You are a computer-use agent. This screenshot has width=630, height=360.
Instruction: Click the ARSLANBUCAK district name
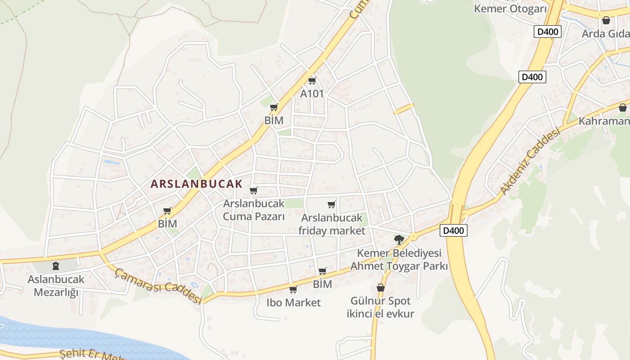tap(196, 184)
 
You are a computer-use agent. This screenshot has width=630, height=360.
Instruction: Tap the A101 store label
tap(312, 94)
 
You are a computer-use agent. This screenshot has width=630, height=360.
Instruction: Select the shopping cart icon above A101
tap(312, 81)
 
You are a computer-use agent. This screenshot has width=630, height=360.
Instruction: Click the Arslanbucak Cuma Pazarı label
tap(254, 210)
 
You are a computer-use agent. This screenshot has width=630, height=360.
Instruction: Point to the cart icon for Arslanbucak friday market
tap(332, 205)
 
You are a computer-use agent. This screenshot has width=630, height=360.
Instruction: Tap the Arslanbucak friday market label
tap(332, 224)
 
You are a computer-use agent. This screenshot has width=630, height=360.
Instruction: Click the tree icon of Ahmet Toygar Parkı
tap(399, 239)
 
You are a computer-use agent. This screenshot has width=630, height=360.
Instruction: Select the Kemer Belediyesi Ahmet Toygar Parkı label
tap(399, 260)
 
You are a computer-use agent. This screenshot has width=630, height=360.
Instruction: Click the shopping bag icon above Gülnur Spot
tap(381, 288)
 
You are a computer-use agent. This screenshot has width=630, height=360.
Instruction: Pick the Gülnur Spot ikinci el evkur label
tap(381, 307)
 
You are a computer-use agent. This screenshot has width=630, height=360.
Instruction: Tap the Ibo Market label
tap(293, 302)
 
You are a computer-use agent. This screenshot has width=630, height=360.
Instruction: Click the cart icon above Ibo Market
tap(293, 289)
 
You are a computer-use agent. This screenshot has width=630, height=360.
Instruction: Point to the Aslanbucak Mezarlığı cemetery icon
tap(56, 266)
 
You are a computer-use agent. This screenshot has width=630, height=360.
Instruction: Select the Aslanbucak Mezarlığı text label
tap(56, 286)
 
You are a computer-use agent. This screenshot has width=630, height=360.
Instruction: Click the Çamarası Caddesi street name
tap(158, 286)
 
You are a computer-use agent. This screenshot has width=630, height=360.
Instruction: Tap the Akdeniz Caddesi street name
tap(531, 162)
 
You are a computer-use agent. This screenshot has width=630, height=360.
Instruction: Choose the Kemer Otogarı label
tap(510, 9)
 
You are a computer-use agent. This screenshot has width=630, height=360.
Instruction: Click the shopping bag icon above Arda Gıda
tap(606, 20)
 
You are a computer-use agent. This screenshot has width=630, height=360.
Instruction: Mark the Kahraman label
tap(604, 121)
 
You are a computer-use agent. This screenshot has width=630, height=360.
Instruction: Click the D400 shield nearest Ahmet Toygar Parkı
tap(453, 230)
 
